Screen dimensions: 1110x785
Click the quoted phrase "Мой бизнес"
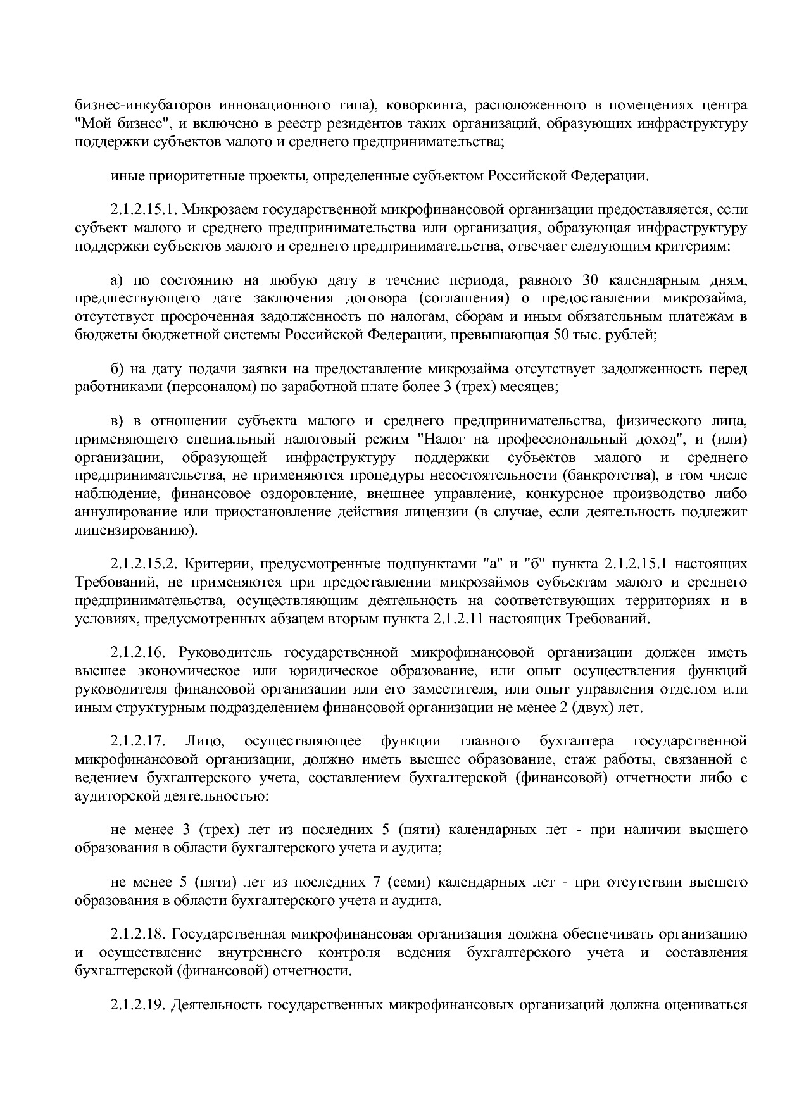tap(115, 123)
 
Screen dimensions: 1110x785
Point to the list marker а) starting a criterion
tap(116, 280)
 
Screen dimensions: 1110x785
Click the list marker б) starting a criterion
tap(116, 369)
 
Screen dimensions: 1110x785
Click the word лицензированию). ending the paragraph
tap(136, 530)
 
